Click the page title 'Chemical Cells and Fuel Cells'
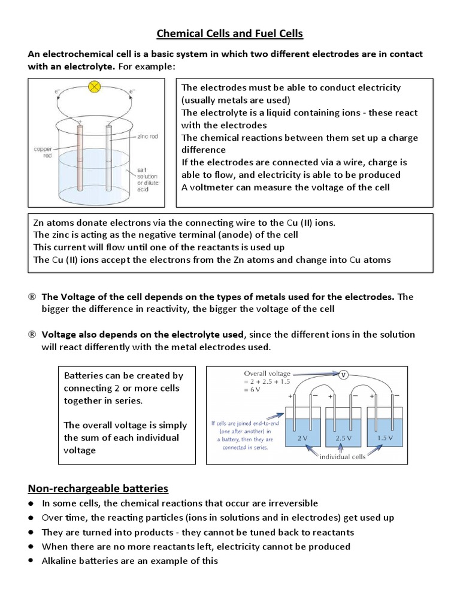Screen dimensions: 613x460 [x=230, y=34]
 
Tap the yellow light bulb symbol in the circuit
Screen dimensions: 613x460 [x=94, y=87]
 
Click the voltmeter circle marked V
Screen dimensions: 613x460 [x=343, y=375]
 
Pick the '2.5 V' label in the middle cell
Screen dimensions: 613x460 [x=343, y=438]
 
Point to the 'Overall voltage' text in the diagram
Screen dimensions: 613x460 [x=267, y=373]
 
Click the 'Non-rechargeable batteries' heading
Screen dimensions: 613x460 [x=98, y=488]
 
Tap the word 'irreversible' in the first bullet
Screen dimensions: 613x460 [x=292, y=503]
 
